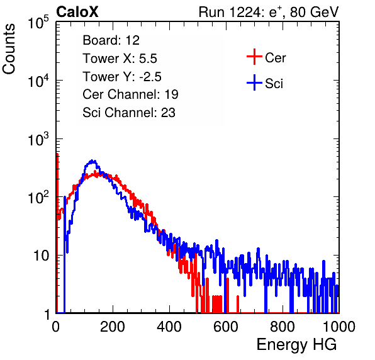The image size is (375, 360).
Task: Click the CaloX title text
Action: [77, 12]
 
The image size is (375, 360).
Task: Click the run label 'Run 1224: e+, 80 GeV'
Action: [269, 12]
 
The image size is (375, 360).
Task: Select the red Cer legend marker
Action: [254, 57]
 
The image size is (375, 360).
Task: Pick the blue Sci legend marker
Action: [254, 83]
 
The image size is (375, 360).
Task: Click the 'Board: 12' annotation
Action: [111, 40]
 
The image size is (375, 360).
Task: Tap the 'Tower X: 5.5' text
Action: [120, 59]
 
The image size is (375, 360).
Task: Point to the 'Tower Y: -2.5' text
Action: [122, 77]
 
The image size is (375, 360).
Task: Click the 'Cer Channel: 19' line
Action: [130, 94]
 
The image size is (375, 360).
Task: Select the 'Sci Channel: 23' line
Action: [129, 113]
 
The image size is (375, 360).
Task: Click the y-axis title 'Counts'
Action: [9, 49]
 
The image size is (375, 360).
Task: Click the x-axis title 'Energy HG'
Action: [296, 345]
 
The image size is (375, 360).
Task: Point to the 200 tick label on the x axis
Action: [113, 327]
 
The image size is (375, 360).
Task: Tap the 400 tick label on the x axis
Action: [169, 327]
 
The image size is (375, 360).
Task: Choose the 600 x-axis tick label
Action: [226, 327]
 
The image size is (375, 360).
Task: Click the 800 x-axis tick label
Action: [283, 327]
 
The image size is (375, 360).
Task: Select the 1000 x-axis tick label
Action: [339, 327]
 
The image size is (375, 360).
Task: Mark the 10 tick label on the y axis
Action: [41, 256]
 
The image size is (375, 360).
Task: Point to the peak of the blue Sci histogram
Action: [92, 160]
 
